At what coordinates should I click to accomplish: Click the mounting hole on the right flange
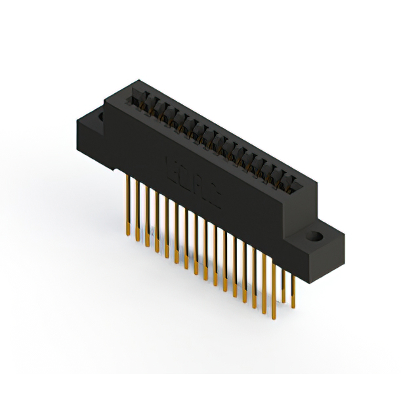click(x=315, y=236)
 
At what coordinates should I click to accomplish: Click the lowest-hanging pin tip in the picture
click(x=266, y=317)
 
